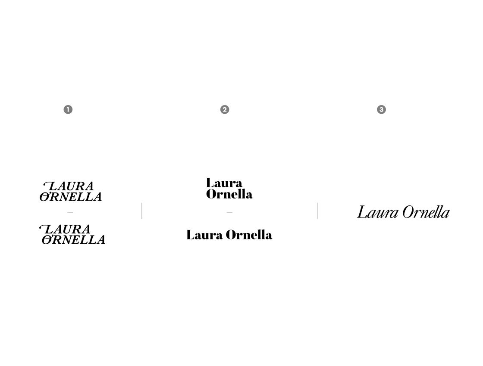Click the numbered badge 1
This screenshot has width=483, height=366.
pos(68,109)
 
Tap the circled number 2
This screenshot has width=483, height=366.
pos(225,109)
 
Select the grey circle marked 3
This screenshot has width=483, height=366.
pos(381,109)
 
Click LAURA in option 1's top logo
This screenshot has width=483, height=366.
pos(69,186)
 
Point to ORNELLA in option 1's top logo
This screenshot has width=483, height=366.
pos(71,197)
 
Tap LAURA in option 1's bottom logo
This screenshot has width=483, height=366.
pos(66,229)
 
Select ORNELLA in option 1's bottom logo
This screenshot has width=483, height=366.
pos(74,240)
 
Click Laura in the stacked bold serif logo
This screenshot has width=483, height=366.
pos(224,183)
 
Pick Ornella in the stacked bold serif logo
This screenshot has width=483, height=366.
pos(229,194)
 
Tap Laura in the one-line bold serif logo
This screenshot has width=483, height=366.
pos(204,235)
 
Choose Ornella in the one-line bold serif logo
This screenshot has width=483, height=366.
pos(249,235)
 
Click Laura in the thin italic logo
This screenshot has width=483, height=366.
pos(377,212)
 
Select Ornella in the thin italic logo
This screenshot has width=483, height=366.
pos(426,212)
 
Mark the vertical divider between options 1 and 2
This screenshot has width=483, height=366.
pos(142,211)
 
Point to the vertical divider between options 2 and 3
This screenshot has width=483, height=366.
pos(317,211)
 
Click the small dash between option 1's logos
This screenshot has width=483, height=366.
pos(70,213)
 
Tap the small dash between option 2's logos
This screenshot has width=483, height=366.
pos(229,213)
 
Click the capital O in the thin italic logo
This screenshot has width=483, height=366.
pos(408,212)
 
